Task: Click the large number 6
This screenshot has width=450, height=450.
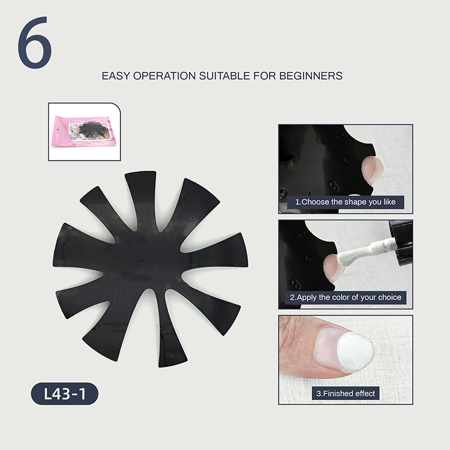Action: point(35,43)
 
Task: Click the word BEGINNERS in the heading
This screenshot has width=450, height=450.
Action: point(311,76)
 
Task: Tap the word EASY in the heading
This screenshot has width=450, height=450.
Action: point(116,76)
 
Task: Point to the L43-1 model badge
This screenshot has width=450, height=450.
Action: point(65,393)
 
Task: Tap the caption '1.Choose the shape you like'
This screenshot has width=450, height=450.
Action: point(345,202)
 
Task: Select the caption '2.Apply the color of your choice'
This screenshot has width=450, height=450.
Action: point(345,298)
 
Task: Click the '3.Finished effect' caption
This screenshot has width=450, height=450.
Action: point(345,393)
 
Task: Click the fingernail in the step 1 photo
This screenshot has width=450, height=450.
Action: point(372,170)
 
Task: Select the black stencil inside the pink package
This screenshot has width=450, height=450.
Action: point(93,130)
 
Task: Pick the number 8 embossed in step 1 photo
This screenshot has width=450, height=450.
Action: point(333,185)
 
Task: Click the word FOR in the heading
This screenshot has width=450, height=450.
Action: point(264,76)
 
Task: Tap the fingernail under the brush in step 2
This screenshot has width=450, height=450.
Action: point(332,267)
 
